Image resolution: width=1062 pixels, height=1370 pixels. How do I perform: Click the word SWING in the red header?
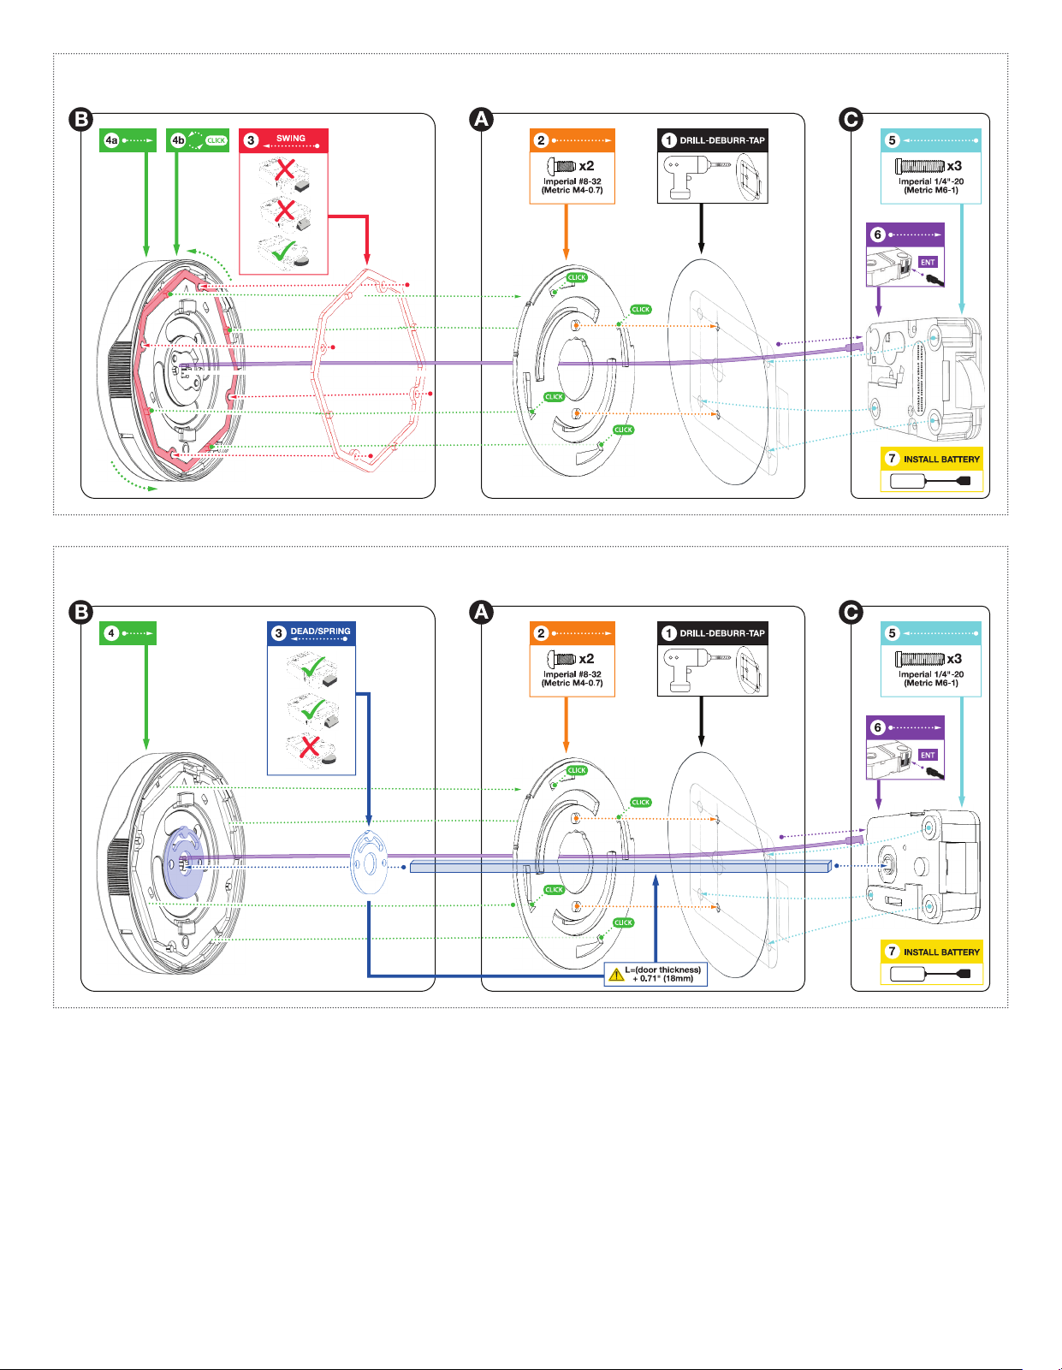291,138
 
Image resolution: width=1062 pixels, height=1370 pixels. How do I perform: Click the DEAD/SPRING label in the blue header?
320,631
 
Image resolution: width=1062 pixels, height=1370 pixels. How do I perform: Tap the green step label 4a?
111,140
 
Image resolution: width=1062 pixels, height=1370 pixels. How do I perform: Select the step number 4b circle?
178,140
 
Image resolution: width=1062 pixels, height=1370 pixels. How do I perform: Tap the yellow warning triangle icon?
616,975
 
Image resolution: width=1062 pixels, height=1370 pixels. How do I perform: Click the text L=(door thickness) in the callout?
662,970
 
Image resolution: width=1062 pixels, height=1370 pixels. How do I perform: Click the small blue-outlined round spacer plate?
370,862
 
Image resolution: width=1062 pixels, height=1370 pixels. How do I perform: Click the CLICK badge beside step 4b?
217,140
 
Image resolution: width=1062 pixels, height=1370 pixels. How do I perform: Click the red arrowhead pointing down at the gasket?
367,258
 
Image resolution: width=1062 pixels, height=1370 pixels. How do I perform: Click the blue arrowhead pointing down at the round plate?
369,820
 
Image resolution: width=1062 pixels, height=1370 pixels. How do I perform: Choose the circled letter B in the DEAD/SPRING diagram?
81,612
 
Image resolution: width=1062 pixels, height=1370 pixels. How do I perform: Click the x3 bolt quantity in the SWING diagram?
953,166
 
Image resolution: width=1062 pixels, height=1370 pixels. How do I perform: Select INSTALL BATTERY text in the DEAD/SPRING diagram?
941,952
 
